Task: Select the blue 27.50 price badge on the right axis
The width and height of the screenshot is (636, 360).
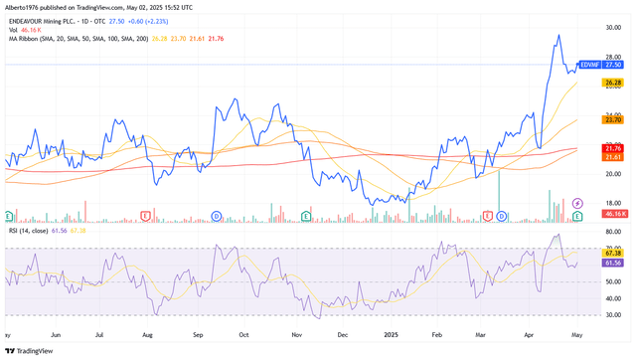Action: pos(613,65)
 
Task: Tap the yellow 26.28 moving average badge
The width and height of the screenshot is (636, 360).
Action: pos(613,84)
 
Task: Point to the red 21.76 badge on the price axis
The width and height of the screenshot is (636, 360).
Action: pos(613,148)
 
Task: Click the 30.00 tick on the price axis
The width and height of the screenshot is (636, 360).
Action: pos(613,28)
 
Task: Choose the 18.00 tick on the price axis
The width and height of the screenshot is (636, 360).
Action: pos(613,202)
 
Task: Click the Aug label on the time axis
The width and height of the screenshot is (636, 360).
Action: pos(147,335)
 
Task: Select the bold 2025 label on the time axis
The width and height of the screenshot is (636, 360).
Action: pos(390,335)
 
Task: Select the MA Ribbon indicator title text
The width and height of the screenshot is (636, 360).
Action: pos(24,39)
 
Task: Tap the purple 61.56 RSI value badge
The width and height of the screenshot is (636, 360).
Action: pos(613,263)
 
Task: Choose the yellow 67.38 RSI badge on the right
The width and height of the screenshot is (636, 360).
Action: pos(613,254)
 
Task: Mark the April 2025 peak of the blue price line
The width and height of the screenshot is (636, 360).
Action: pos(557,35)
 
